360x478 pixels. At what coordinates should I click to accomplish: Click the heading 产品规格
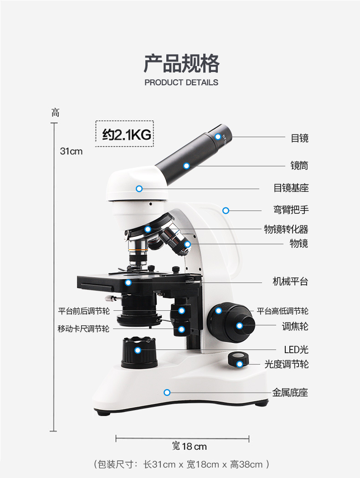181,63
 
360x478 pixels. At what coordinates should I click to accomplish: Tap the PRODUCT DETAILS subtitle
181,82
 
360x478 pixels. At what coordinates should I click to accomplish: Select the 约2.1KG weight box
124,134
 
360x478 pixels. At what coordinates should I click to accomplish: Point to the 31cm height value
72,151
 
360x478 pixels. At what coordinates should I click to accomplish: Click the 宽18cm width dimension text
189,446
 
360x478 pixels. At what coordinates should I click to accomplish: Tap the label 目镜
299,138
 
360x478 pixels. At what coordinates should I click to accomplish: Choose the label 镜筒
299,165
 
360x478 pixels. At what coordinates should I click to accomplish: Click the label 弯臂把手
291,210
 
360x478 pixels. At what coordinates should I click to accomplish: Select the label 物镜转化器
286,229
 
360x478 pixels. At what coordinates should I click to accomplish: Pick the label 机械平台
290,282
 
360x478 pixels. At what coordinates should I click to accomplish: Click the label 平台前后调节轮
84,311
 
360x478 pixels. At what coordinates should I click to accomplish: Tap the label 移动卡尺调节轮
83,329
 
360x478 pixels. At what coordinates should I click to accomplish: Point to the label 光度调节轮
286,364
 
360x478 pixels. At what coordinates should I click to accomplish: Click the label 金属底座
290,392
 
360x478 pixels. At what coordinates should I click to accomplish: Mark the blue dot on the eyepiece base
139,188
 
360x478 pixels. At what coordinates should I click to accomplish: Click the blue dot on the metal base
167,392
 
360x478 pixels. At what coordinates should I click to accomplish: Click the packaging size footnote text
181,464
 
